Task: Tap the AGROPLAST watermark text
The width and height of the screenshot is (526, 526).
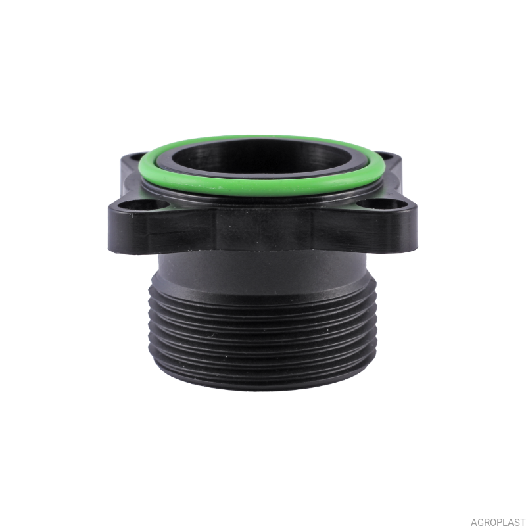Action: coord(498,521)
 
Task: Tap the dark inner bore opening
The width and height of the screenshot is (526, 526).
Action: coord(260,157)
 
